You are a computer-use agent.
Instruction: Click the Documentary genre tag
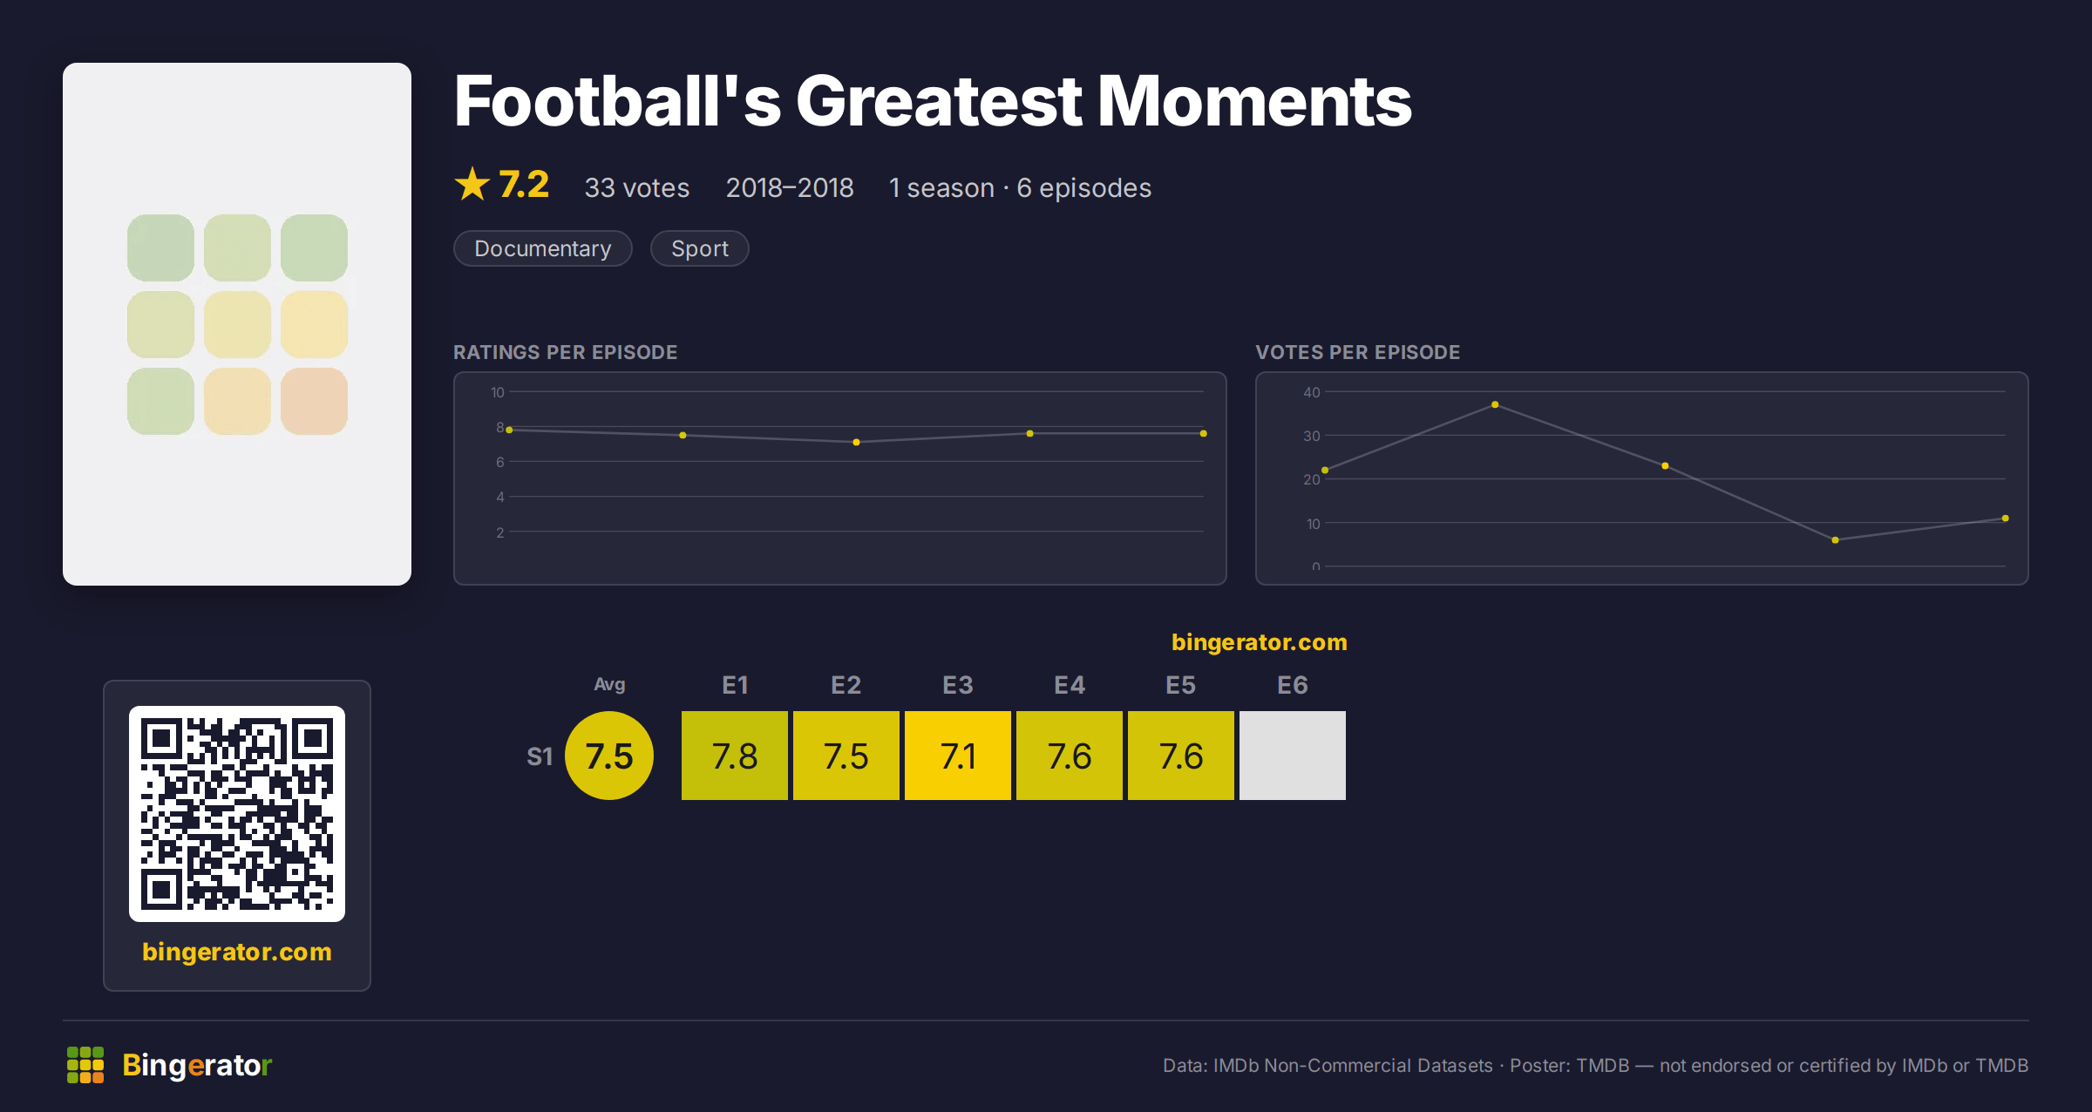[x=542, y=248]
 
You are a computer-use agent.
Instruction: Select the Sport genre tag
[x=699, y=248]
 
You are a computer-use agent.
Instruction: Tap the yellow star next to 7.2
[x=472, y=184]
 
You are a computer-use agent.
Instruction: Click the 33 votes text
[x=636, y=187]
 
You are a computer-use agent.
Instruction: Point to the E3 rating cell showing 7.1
[x=957, y=756]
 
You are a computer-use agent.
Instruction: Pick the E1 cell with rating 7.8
[x=734, y=756]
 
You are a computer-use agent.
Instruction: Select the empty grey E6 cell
[x=1292, y=756]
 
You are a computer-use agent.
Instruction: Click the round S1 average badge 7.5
[x=609, y=756]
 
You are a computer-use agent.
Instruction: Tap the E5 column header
[x=1180, y=685]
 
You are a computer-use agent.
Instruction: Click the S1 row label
[x=540, y=756]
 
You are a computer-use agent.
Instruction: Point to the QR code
[x=237, y=814]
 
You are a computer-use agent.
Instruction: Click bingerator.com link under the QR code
[x=237, y=952]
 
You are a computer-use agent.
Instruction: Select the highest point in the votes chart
[x=1495, y=404]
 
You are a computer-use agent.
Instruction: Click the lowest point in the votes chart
[x=1835, y=540]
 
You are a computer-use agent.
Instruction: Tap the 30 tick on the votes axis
[x=1311, y=436]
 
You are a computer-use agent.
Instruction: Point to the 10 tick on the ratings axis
[x=497, y=392]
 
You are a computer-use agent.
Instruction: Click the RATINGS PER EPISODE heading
[x=565, y=352]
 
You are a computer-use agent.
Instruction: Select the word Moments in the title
[x=1254, y=101]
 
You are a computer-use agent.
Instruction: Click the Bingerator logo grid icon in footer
[x=85, y=1065]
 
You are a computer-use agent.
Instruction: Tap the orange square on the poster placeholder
[x=314, y=401]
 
